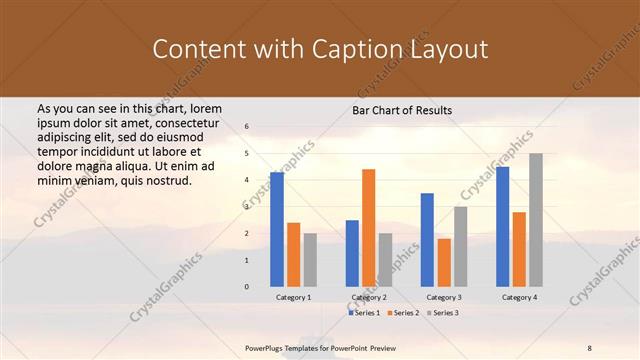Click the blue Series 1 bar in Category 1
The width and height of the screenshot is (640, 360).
tap(277, 229)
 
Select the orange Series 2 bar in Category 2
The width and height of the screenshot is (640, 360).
tap(368, 227)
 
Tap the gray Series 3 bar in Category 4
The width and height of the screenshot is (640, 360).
tap(536, 219)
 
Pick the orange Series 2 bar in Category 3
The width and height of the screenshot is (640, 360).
tap(444, 262)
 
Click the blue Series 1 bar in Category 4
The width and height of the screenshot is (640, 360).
tap(502, 226)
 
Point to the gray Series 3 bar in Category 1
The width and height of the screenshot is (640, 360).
tap(310, 259)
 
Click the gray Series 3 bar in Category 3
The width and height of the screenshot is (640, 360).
tap(460, 246)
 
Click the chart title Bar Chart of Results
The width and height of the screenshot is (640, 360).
tap(402, 110)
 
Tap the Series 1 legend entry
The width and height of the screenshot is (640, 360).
tap(365, 313)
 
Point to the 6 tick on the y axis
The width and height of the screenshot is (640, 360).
tap(246, 127)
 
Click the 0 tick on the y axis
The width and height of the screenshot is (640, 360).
tap(246, 287)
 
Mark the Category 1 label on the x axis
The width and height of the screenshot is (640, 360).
tap(293, 297)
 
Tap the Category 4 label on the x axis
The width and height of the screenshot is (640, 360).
tap(519, 297)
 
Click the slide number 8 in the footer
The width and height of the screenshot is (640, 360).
tap(590, 346)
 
